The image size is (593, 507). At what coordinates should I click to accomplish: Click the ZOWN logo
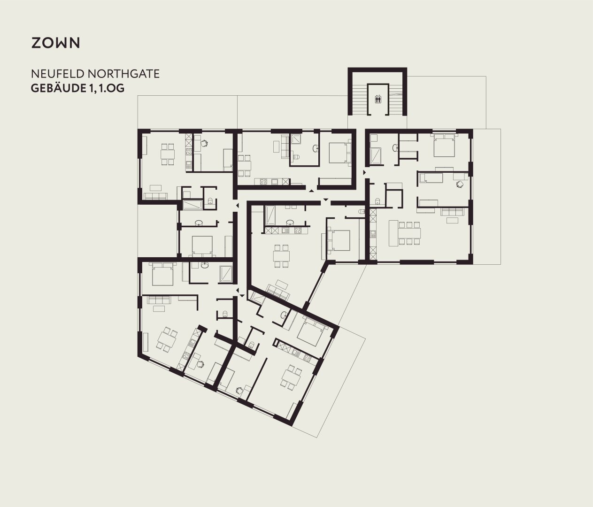click(55, 43)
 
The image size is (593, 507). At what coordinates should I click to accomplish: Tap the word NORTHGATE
click(123, 74)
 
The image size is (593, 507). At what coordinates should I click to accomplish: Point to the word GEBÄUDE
click(57, 88)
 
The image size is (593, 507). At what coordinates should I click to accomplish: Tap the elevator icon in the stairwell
click(378, 99)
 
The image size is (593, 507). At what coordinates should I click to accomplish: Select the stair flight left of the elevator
click(359, 99)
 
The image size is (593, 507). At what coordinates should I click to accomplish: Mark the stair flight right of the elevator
click(396, 99)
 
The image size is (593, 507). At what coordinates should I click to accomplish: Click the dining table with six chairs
click(409, 233)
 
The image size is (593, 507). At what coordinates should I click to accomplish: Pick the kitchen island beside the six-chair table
click(393, 233)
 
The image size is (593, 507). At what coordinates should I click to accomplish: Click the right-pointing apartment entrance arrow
click(364, 172)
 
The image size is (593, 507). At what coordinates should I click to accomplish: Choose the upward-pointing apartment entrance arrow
click(311, 191)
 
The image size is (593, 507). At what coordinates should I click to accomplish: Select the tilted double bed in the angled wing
click(311, 331)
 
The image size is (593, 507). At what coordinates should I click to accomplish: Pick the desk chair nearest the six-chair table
click(460, 184)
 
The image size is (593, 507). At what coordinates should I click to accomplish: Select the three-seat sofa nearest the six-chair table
click(453, 212)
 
